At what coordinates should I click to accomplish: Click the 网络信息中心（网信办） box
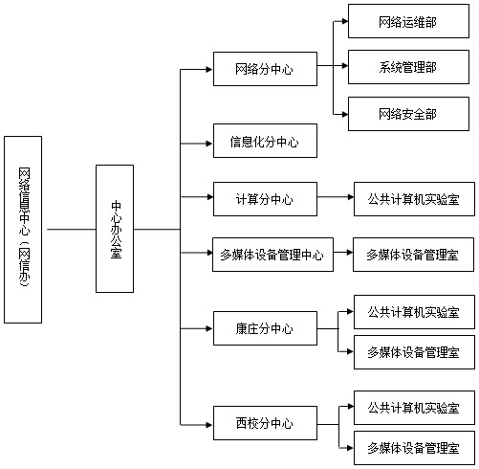click(23, 230)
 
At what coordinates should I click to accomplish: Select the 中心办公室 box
click(115, 229)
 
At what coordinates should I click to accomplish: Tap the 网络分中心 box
click(265, 69)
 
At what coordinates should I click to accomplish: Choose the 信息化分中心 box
click(265, 141)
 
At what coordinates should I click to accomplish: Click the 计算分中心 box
click(265, 199)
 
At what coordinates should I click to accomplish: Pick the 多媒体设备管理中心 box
click(272, 255)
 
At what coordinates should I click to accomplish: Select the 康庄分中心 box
click(265, 328)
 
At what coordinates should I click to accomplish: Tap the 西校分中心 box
click(265, 423)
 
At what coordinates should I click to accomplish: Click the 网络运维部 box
click(408, 21)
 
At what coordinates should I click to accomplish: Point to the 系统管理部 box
click(408, 67)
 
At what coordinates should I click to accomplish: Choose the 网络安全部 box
click(408, 114)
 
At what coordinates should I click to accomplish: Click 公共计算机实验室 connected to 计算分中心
click(414, 199)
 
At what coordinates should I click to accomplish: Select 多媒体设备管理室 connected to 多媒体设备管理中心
click(413, 255)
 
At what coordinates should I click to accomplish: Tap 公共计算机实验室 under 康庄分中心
click(414, 312)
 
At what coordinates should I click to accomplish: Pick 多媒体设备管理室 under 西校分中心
click(414, 448)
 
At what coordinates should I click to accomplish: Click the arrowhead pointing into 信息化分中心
click(209, 144)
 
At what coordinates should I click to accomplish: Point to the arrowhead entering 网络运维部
click(345, 21)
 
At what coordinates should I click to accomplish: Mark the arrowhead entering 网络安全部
click(345, 114)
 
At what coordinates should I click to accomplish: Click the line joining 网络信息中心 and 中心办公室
click(72, 229)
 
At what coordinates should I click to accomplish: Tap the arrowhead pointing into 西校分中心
click(209, 425)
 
